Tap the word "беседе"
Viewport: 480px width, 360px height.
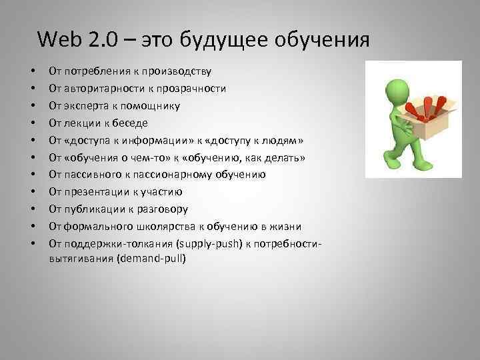point(133,123)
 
